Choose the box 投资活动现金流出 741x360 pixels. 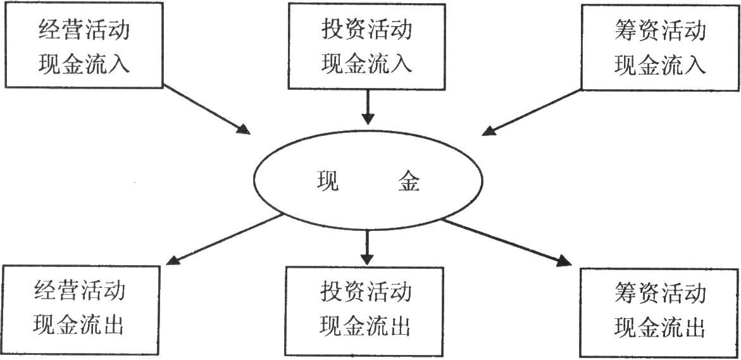tap(367, 311)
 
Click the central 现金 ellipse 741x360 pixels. tap(367, 182)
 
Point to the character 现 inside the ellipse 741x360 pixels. tap(328, 182)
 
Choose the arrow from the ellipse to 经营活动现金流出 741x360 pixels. tap(225, 239)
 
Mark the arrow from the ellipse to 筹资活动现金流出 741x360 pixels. tap(506, 242)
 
